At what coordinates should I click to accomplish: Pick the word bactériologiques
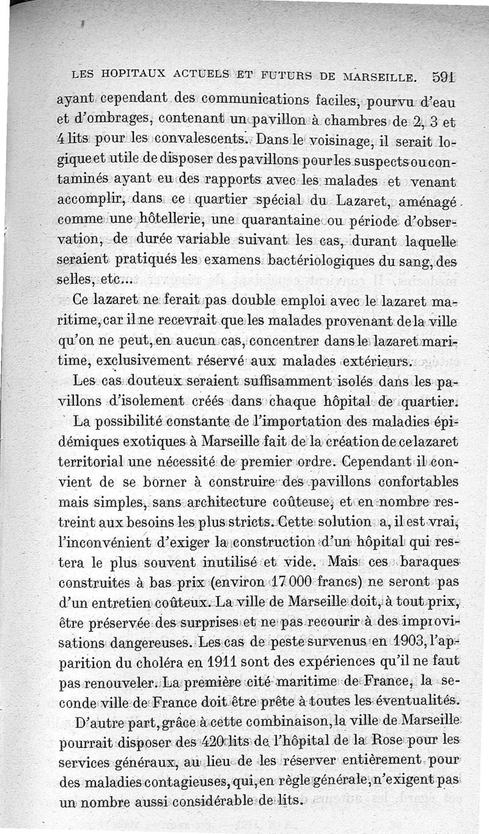(328, 262)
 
